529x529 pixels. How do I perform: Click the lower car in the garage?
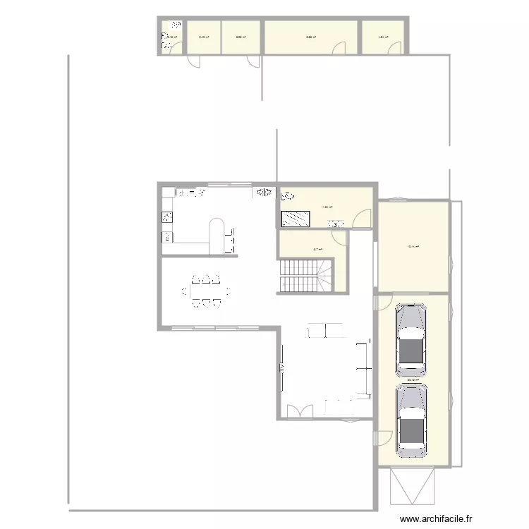(411, 421)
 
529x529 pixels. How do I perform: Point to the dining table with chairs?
(205, 291)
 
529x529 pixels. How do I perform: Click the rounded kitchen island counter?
(218, 236)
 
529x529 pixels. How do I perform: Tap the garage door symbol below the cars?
(413, 487)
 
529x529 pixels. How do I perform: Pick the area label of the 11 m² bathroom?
(327, 207)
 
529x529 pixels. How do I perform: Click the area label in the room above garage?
(413, 247)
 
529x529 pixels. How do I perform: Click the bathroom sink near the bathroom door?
(336, 224)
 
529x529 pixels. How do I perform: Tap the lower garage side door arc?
(382, 437)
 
